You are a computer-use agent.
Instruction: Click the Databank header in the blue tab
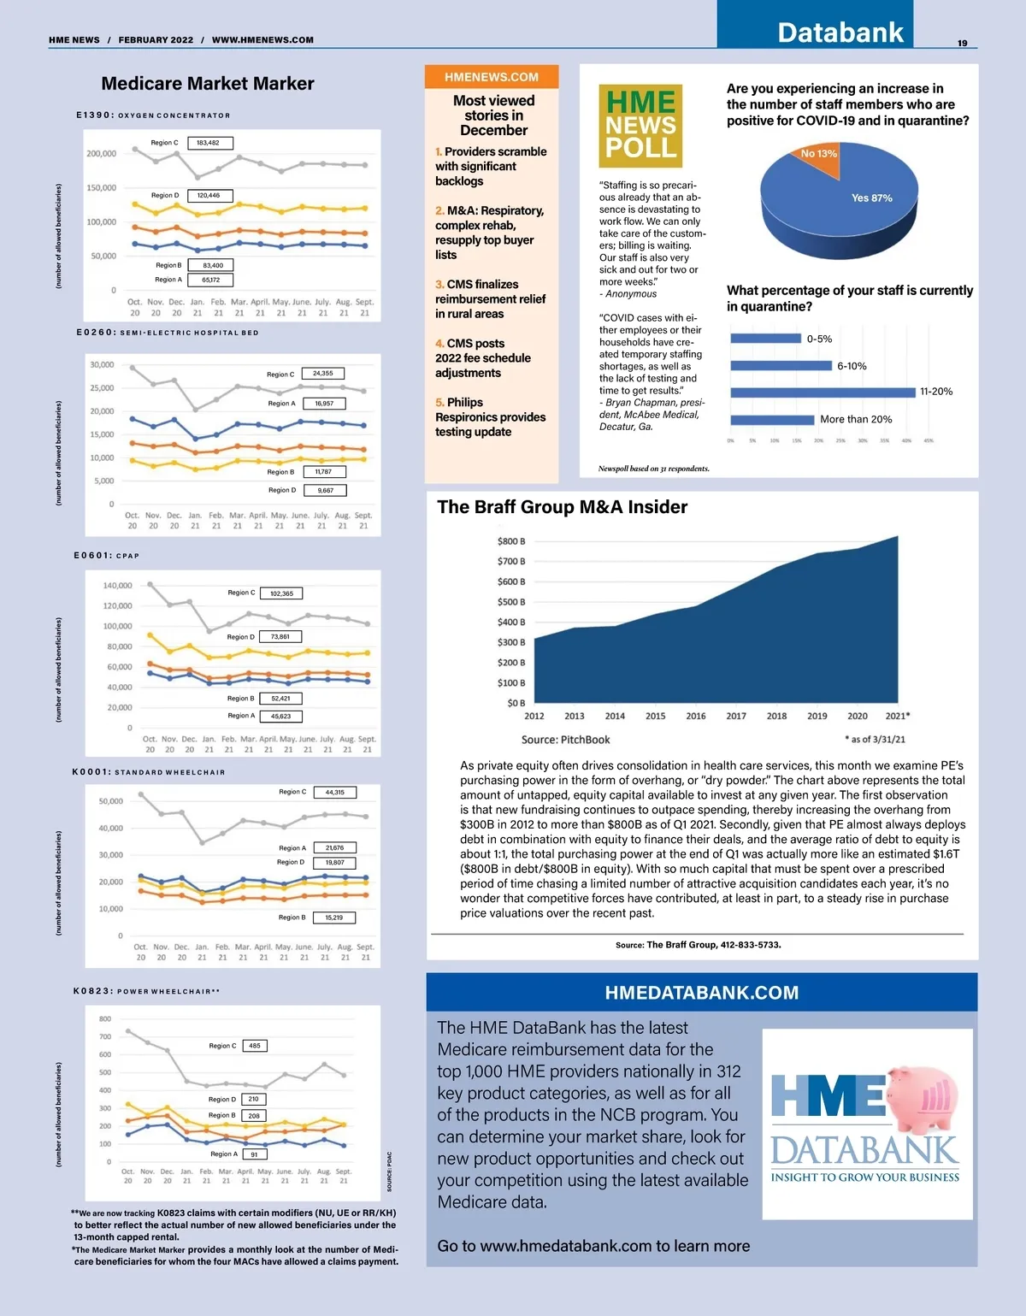[840, 32]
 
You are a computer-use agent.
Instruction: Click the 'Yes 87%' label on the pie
[871, 198]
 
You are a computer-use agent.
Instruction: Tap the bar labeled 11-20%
[823, 392]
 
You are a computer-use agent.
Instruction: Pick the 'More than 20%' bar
[772, 420]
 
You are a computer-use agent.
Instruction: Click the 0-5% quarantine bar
[765, 339]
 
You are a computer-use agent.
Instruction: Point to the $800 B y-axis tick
[511, 541]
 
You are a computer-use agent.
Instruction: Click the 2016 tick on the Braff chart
[696, 717]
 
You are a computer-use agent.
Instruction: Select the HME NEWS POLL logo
[640, 126]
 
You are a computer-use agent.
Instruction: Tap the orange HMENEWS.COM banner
[492, 77]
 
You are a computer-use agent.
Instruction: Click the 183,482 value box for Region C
[209, 143]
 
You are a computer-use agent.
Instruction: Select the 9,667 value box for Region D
[325, 491]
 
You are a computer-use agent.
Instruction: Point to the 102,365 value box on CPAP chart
[281, 593]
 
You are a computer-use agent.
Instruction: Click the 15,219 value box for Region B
[333, 918]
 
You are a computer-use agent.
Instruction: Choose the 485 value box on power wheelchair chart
[255, 1046]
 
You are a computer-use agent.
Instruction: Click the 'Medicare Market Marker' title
[208, 84]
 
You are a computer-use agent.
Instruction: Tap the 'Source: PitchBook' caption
[565, 740]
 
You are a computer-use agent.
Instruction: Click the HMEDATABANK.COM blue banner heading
[701, 993]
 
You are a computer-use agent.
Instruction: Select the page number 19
[962, 43]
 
